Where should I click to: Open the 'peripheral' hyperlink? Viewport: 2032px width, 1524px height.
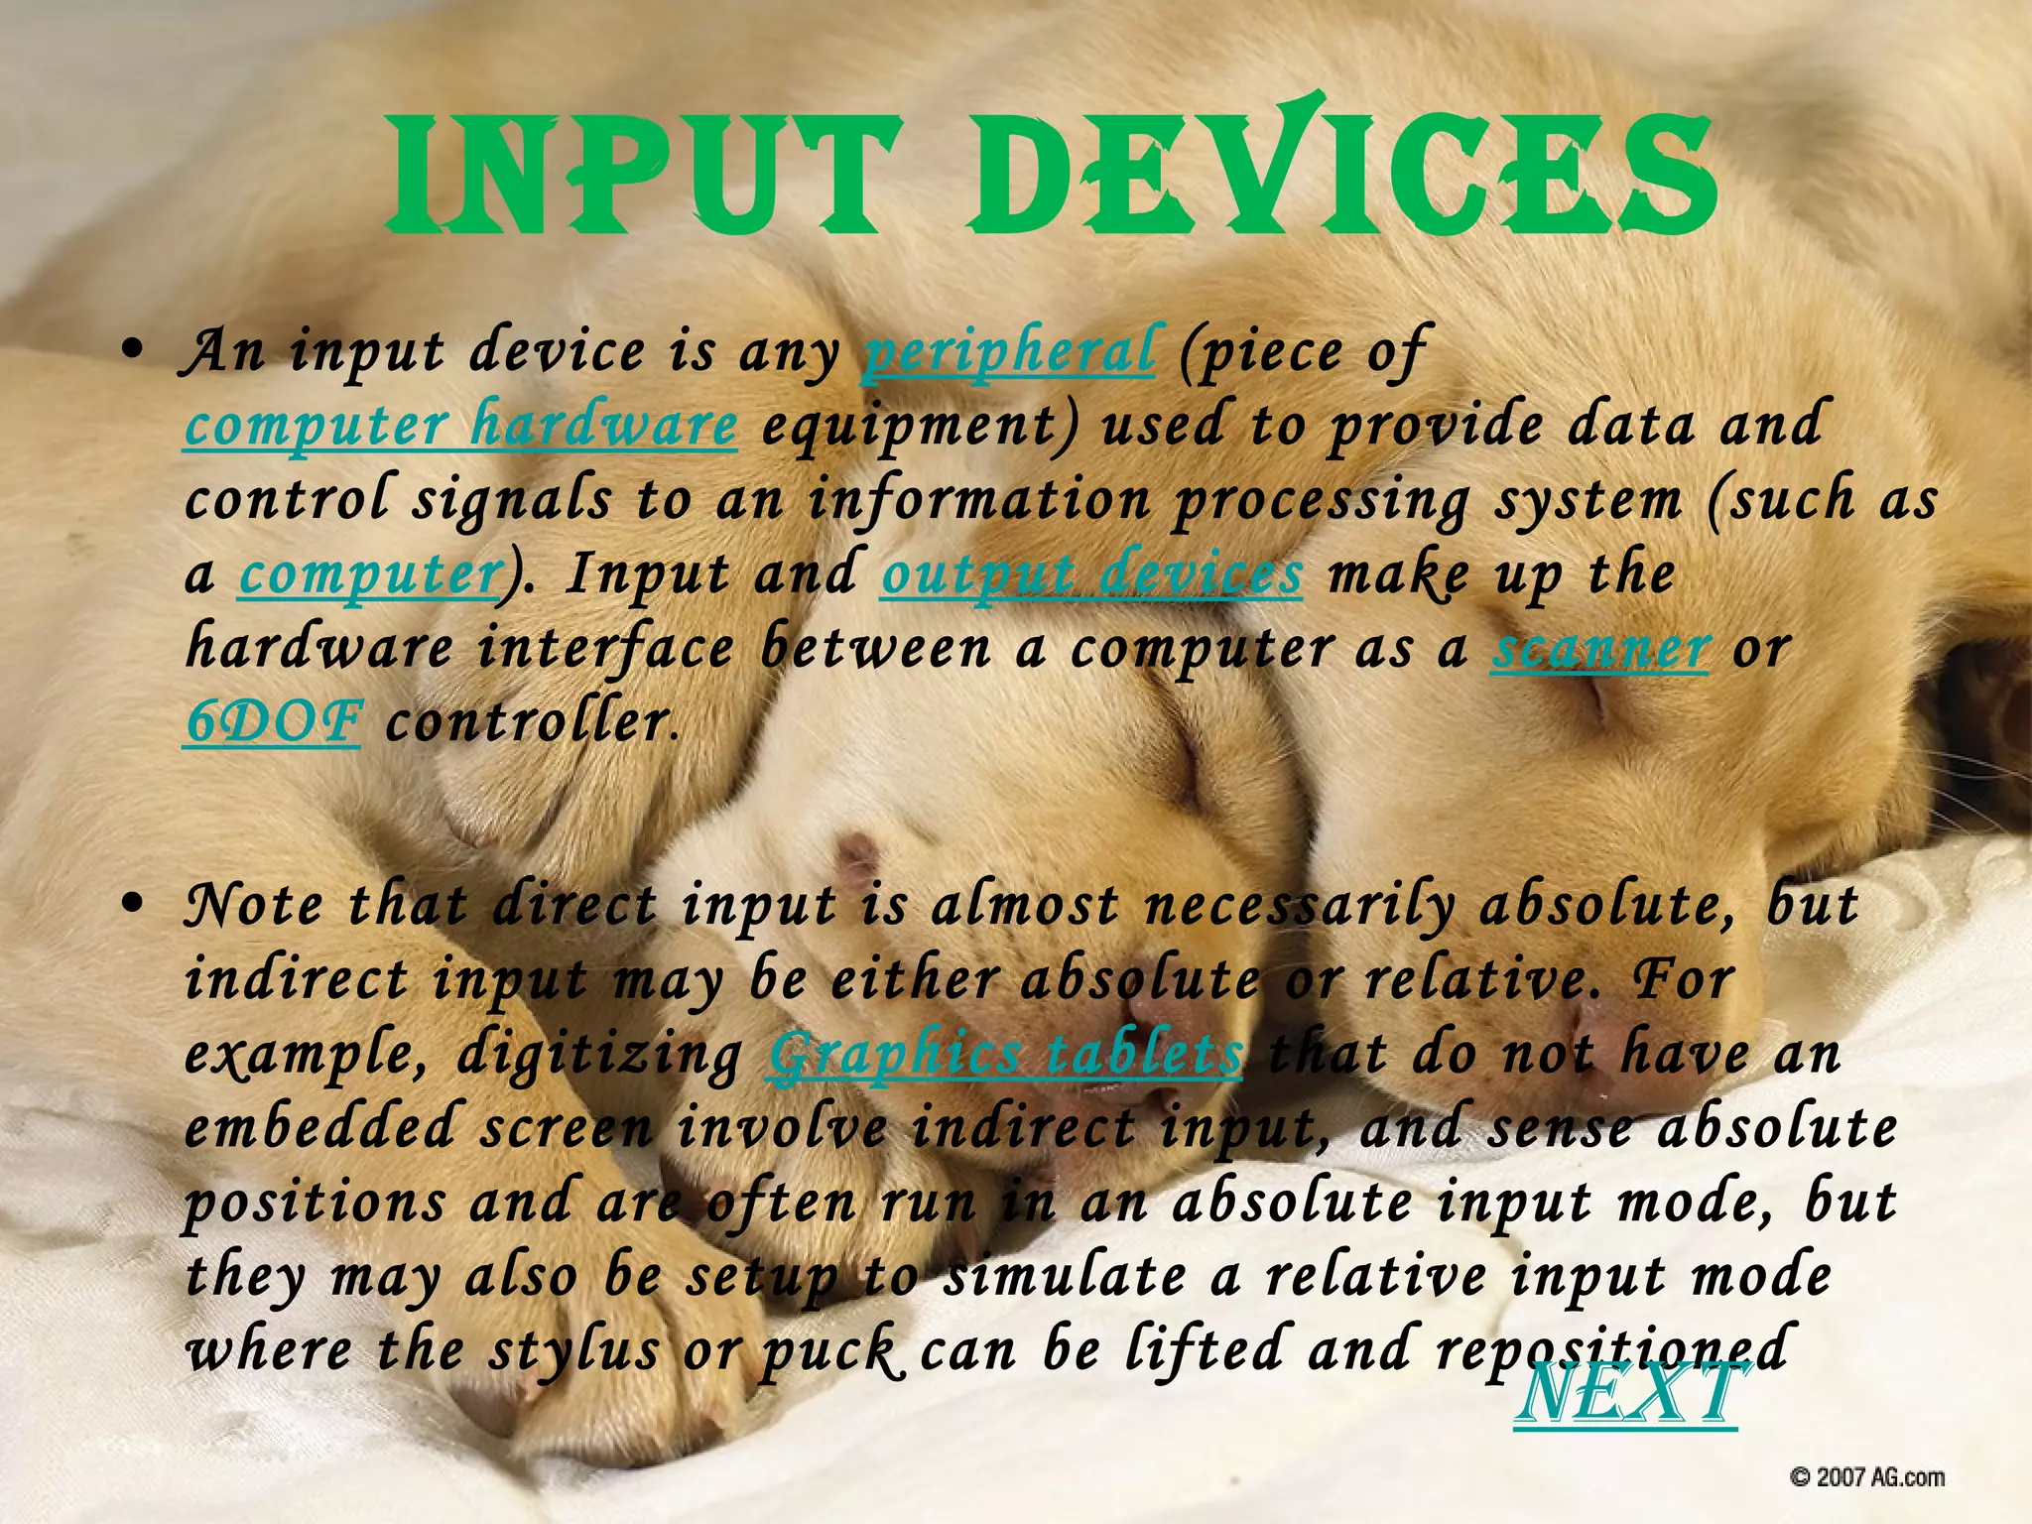1008,351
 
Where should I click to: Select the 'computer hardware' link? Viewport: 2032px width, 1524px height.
460,426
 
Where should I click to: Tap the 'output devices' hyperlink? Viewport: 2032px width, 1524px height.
1091,574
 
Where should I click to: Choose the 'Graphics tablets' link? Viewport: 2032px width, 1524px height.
1005,1055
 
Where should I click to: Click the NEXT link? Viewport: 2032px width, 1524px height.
1627,1394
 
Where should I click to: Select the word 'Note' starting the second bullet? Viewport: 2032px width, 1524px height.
254,905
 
